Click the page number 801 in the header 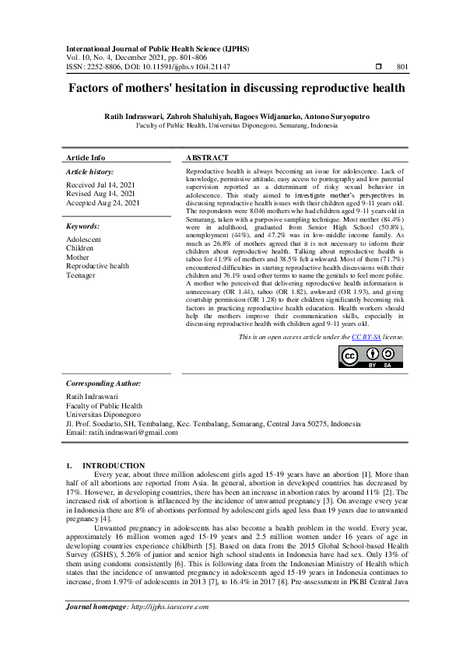click(x=402, y=67)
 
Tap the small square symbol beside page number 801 click(x=378, y=67)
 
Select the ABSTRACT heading click(x=208, y=157)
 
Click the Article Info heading click(x=86, y=157)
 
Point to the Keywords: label click(x=84, y=226)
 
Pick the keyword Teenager click(x=81, y=275)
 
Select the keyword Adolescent click(x=83, y=240)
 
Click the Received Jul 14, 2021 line click(x=100, y=184)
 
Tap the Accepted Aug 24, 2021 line click(x=103, y=202)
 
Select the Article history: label click(x=89, y=171)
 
